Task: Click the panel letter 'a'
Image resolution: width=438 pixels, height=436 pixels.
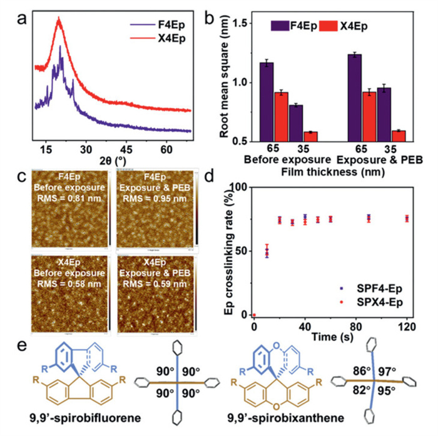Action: [x=22, y=19]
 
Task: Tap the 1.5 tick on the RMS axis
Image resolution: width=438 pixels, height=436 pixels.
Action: [x=246, y=24]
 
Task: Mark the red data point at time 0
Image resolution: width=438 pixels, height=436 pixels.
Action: [x=254, y=315]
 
